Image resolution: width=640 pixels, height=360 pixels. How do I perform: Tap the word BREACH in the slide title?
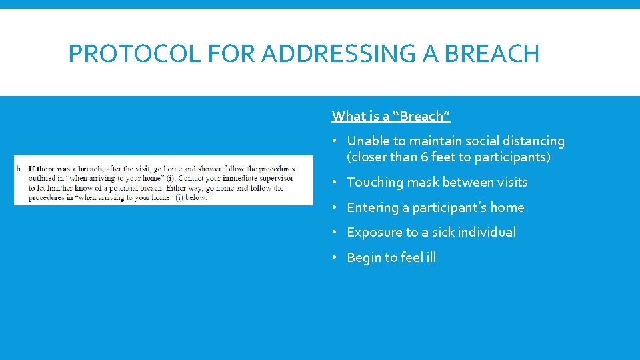click(x=491, y=53)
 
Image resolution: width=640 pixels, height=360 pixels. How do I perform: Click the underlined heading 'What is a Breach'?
click(x=391, y=116)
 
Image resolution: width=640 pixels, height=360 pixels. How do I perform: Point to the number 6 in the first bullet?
click(x=425, y=157)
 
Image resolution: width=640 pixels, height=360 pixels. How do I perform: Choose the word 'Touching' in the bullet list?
click(x=375, y=182)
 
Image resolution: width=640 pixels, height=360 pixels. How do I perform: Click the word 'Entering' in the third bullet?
click(x=372, y=207)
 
